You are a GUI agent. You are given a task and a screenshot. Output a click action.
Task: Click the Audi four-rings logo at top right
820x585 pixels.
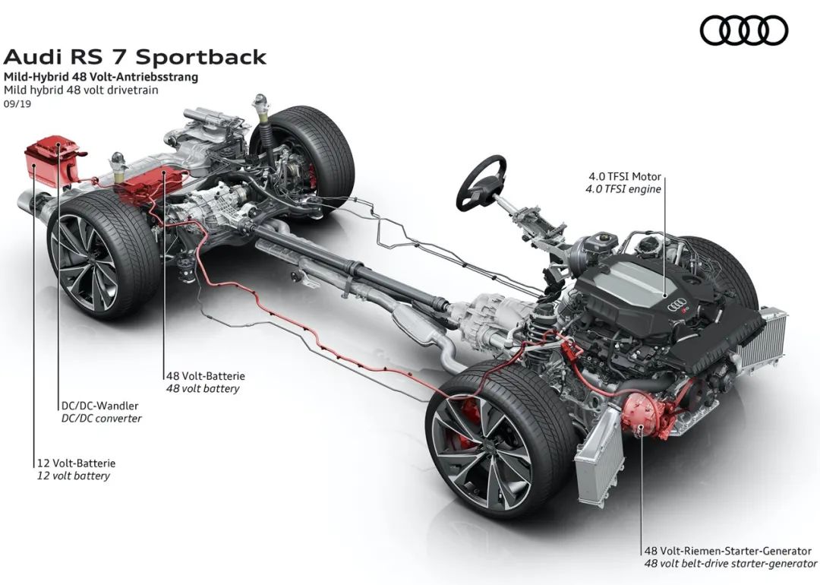tap(744, 30)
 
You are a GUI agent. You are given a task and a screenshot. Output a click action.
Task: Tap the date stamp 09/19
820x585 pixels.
tap(16, 103)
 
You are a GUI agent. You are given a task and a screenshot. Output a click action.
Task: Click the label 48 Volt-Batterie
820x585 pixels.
tap(205, 375)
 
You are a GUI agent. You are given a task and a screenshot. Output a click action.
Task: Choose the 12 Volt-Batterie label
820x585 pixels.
tap(76, 462)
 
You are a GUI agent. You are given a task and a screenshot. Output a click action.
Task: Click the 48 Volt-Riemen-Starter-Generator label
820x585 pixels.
tap(727, 551)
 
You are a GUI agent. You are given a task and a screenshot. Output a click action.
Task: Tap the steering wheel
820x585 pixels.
tap(481, 182)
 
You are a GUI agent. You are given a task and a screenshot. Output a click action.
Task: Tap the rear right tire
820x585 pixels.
tap(313, 152)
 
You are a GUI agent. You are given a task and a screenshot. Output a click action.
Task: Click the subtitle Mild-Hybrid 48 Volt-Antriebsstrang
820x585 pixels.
tap(100, 77)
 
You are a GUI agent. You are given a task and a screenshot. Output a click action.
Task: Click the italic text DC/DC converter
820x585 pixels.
tap(101, 418)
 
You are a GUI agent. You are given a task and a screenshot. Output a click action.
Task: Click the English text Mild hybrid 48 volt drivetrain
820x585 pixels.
tap(81, 90)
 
